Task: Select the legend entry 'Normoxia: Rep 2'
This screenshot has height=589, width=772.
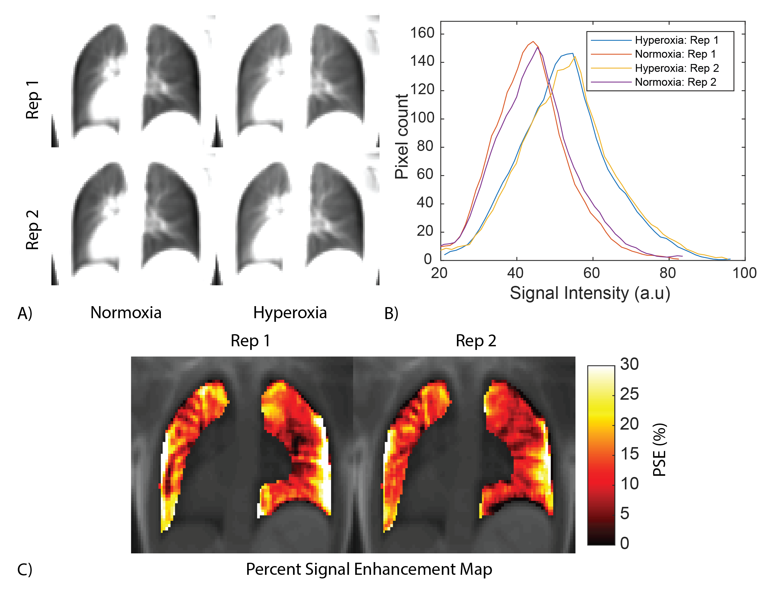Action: click(x=675, y=82)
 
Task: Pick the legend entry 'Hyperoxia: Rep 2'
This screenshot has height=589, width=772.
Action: click(x=676, y=68)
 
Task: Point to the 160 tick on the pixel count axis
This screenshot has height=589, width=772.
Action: click(x=422, y=33)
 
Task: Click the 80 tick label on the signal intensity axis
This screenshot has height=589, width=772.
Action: click(x=668, y=273)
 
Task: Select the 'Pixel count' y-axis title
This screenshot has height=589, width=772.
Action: click(x=402, y=137)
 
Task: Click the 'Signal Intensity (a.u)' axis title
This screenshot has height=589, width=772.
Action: click(x=590, y=293)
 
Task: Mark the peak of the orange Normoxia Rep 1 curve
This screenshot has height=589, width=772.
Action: click(x=533, y=41)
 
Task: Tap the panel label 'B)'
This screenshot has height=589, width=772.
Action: click(x=391, y=313)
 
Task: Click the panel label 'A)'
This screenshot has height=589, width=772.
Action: click(x=25, y=313)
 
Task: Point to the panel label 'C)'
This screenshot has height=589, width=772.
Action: click(x=25, y=569)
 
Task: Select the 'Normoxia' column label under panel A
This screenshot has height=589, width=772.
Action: click(x=126, y=313)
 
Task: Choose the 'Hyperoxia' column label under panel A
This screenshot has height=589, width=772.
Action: click(x=290, y=313)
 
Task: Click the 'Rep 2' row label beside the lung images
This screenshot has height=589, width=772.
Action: click(x=33, y=230)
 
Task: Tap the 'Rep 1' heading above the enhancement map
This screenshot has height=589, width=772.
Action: click(x=250, y=341)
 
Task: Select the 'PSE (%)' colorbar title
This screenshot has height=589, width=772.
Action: click(x=659, y=450)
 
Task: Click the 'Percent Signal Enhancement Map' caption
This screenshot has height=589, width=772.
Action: click(x=369, y=569)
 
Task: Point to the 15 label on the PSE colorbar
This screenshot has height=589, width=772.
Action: click(x=629, y=454)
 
